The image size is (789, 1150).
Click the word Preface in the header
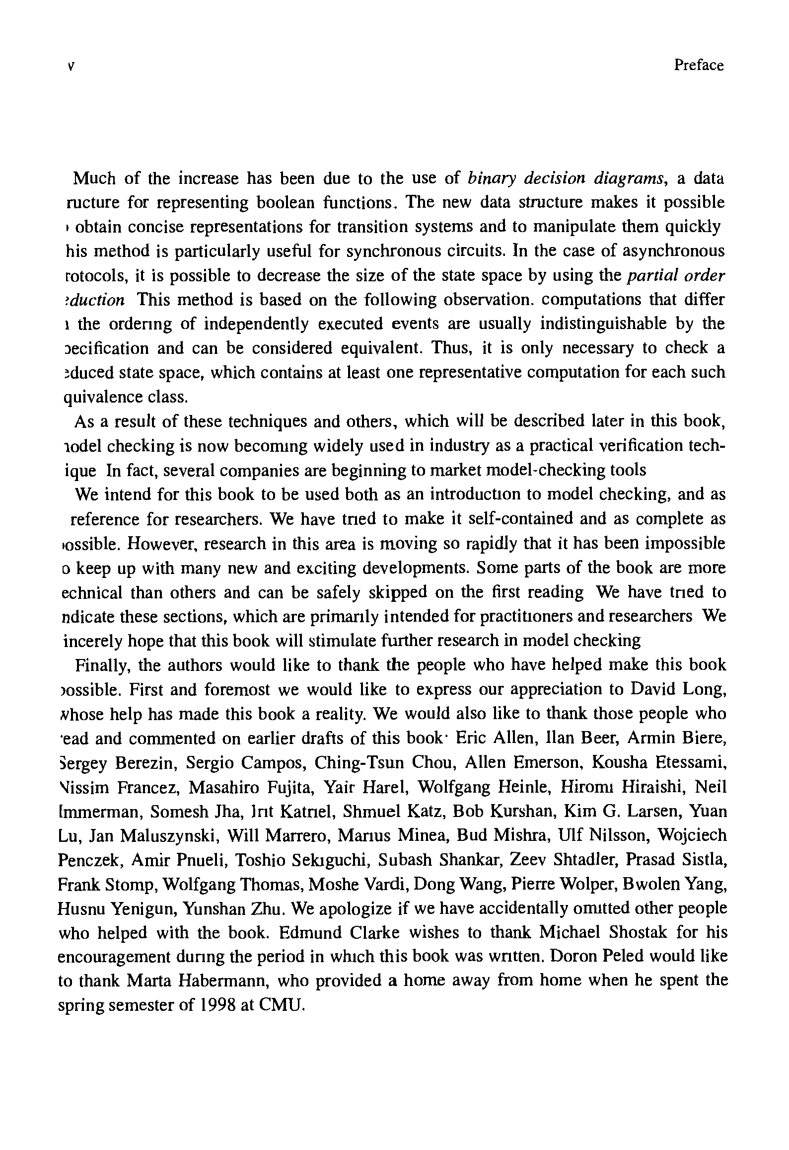click(x=699, y=65)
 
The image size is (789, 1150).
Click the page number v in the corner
click(x=71, y=66)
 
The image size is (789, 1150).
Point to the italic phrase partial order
click(x=676, y=275)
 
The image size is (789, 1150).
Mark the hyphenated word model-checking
click(x=545, y=470)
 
